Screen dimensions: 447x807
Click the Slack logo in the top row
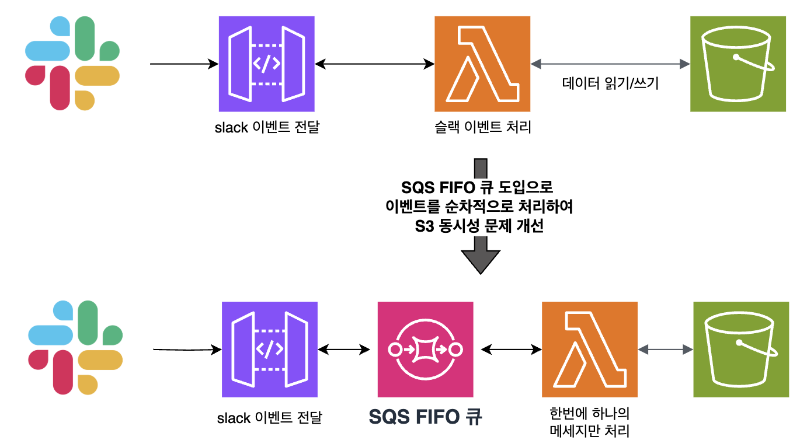point(72,63)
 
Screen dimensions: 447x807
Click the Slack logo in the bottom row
point(75,347)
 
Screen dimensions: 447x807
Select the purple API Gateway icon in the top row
point(266,64)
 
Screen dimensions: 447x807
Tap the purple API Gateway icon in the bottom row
point(270,349)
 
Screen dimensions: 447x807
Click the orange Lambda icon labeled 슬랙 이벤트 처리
point(482,64)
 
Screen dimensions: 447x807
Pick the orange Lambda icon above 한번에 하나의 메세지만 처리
point(590,349)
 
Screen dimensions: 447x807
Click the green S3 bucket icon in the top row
point(738,64)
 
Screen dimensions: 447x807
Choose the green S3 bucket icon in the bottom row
point(741,349)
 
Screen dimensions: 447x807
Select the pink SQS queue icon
point(425,349)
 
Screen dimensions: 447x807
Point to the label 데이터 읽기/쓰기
point(610,83)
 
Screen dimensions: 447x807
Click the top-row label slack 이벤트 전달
point(267,127)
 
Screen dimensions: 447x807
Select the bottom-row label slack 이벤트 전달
point(269,417)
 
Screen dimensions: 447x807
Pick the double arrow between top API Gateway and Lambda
point(375,64)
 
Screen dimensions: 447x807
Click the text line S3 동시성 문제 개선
point(479,226)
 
